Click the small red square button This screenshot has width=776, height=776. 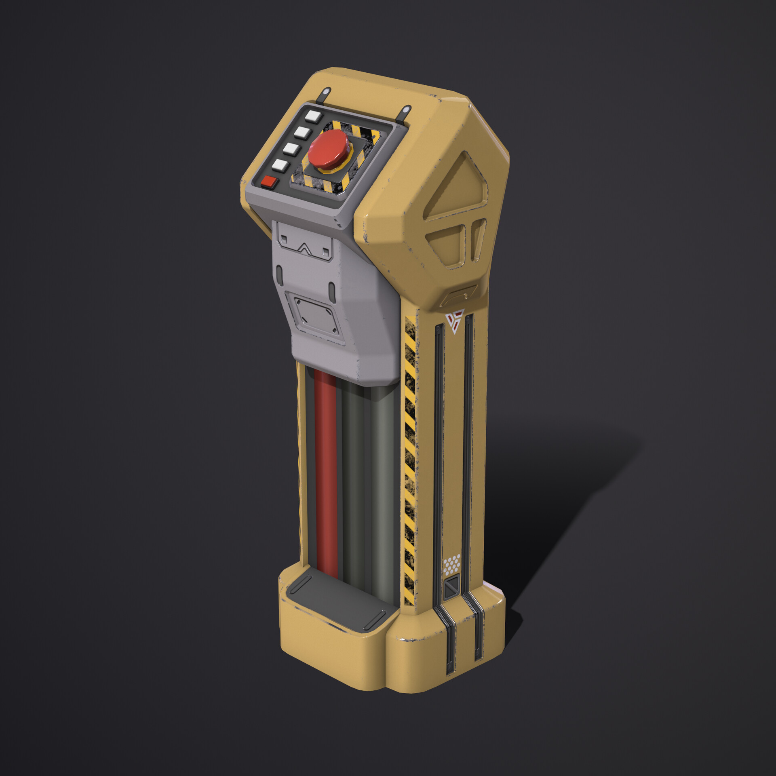pyautogui.click(x=269, y=182)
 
